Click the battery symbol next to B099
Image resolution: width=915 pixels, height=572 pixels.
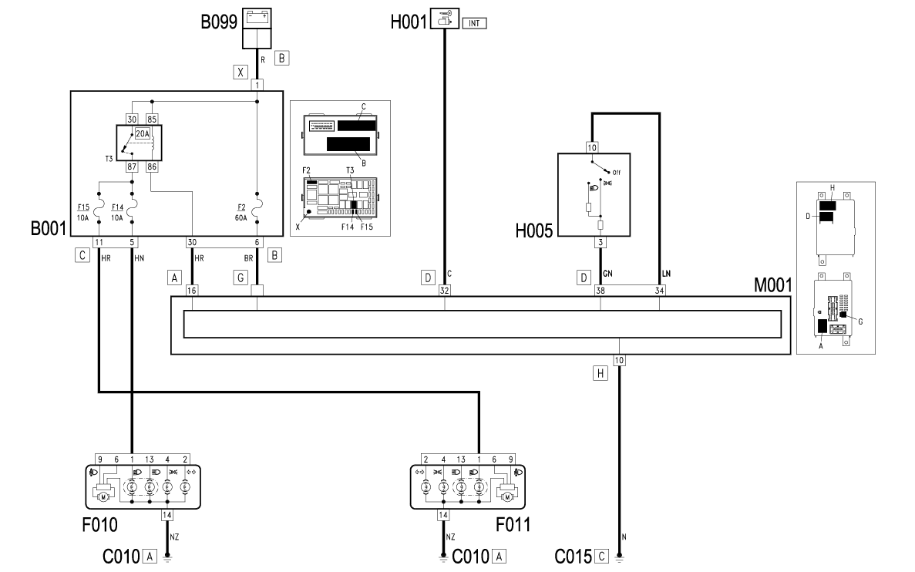tap(257, 18)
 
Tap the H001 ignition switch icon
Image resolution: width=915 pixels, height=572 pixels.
tap(445, 18)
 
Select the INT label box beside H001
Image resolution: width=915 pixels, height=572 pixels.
tap(474, 23)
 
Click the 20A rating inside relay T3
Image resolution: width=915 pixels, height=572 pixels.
tap(143, 133)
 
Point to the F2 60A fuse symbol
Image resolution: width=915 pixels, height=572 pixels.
tap(257, 204)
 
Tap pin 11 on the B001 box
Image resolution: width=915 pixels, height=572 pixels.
tap(99, 242)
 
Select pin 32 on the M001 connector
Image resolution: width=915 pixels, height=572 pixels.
tap(445, 291)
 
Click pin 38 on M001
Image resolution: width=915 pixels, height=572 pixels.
tap(600, 291)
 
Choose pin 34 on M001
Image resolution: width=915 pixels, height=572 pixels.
tap(659, 291)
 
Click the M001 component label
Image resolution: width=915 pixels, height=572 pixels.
tap(773, 284)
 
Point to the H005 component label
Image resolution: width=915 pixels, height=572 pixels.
tap(534, 230)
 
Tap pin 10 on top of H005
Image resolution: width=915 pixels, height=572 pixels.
tap(592, 148)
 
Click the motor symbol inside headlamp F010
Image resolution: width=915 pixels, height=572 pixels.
tap(104, 497)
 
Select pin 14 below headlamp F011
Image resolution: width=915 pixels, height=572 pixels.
tap(443, 516)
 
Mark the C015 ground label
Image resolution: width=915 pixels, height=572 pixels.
tap(573, 557)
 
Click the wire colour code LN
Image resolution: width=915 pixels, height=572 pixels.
tap(667, 274)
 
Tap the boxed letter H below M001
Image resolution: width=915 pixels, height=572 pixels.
tap(600, 374)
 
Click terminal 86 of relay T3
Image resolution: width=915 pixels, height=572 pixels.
tap(152, 167)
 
